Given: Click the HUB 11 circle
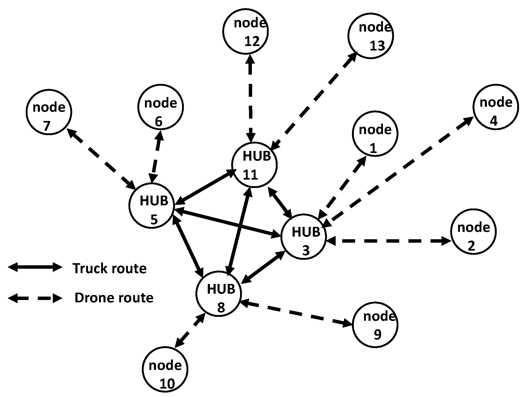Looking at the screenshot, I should [x=254, y=165].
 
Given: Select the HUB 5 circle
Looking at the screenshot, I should [x=152, y=205].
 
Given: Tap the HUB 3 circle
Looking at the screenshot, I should [x=304, y=236].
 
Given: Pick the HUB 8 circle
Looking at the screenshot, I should [x=219, y=294].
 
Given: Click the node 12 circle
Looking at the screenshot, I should [x=245, y=31].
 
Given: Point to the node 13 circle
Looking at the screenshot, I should [x=371, y=35].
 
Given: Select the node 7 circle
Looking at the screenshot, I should [x=49, y=112].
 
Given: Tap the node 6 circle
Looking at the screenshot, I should [x=160, y=107].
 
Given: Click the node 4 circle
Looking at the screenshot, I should [x=496, y=107].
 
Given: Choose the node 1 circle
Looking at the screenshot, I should [x=375, y=134].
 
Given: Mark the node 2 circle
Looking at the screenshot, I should [x=473, y=232].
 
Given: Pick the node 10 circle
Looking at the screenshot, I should [x=165, y=369].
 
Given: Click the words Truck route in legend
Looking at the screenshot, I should [x=110, y=268].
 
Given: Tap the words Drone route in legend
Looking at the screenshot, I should [x=114, y=298].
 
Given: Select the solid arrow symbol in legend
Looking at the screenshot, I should [x=35, y=267].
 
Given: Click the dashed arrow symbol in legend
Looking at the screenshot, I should [x=35, y=298].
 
